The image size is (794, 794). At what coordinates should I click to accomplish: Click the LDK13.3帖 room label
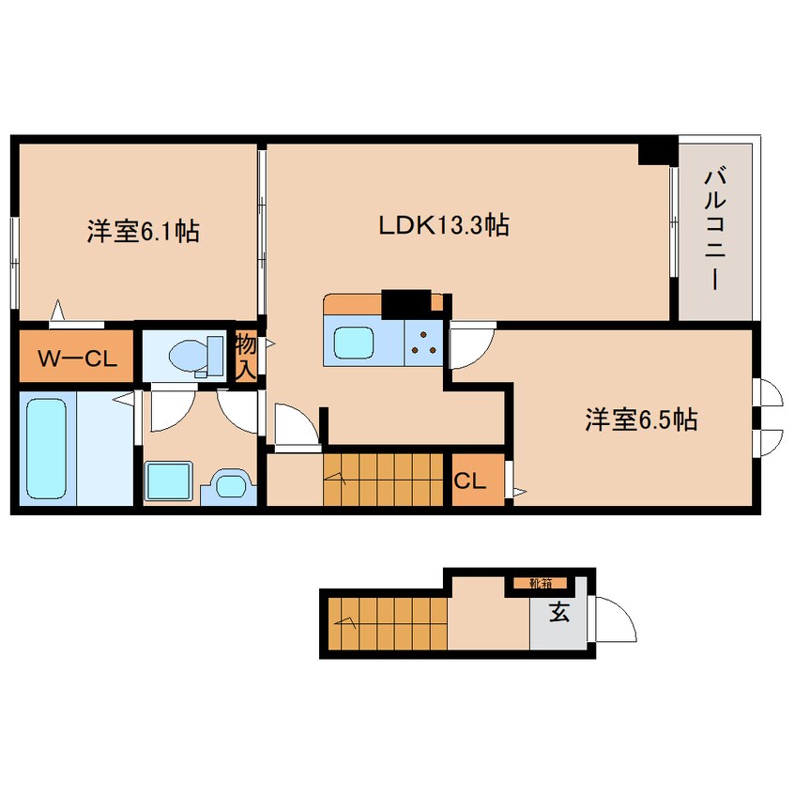click(444, 225)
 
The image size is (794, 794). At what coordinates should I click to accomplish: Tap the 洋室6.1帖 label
click(144, 232)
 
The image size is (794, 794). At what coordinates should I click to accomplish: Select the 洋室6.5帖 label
click(641, 420)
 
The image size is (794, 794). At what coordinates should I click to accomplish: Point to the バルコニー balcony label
click(715, 230)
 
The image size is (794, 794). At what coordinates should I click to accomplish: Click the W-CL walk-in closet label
click(78, 359)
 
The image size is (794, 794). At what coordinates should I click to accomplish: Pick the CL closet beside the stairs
click(470, 481)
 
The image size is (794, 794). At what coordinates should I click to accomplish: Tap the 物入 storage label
click(246, 357)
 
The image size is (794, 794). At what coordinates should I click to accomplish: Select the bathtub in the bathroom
click(47, 448)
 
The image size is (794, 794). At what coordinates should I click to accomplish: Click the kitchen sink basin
click(355, 343)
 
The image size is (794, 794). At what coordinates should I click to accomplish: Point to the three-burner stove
click(424, 342)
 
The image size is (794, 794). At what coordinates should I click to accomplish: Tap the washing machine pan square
click(169, 481)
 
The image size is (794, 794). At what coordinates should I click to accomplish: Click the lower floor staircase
click(388, 623)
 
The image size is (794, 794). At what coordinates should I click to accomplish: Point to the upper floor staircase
click(383, 480)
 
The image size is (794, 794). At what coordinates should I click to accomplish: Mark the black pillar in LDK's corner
click(657, 151)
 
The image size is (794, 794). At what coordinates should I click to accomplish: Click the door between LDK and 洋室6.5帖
click(472, 344)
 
